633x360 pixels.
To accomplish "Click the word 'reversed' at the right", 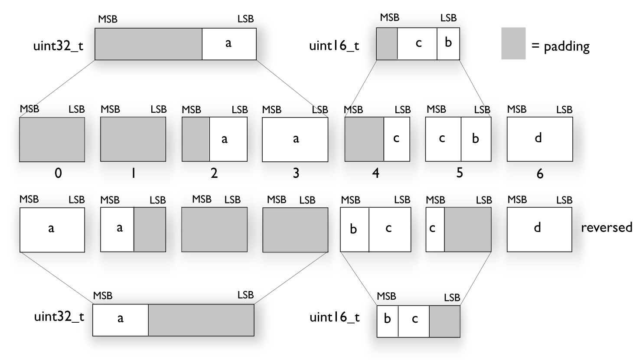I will tap(606, 227).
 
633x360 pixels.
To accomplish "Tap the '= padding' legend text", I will tap(561, 46).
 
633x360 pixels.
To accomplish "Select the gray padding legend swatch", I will tap(513, 43).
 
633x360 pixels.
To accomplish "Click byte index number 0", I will tap(58, 173).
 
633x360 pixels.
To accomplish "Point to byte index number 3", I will tap(296, 173).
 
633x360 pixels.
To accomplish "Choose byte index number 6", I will tap(540, 173).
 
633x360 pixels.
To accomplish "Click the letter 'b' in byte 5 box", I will tap(476, 139).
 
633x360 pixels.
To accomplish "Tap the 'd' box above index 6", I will tap(540, 139).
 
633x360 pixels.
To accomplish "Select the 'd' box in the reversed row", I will tap(540, 229).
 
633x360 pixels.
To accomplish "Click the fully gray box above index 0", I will tap(52, 139).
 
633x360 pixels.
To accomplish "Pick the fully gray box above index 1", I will tap(133, 139).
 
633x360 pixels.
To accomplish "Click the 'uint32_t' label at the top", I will tap(58, 46).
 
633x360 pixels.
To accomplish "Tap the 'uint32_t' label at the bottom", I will tap(59, 317).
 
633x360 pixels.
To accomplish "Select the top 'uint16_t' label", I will tap(334, 46).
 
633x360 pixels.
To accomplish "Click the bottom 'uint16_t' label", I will tap(334, 317).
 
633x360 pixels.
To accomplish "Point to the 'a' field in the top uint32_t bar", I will tap(229, 44).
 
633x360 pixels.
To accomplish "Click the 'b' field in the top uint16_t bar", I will tap(448, 44).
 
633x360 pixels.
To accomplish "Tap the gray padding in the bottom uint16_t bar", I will tap(444, 321).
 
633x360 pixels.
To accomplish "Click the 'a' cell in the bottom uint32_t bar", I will tap(121, 320).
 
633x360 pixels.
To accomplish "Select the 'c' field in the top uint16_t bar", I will tap(418, 44).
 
